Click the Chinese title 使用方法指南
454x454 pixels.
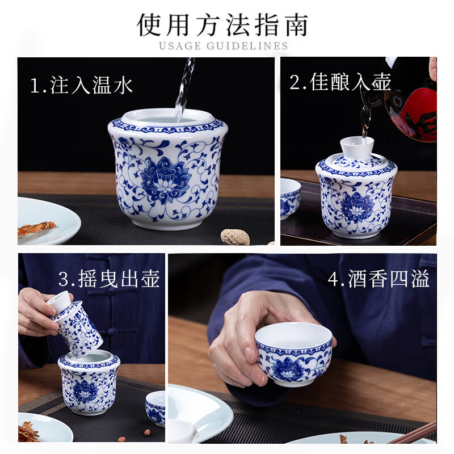[x=224, y=24]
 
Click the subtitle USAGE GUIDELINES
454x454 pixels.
[x=224, y=46]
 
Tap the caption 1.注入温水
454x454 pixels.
[x=81, y=85]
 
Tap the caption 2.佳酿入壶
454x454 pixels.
[x=340, y=82]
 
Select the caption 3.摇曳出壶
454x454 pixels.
[x=109, y=279]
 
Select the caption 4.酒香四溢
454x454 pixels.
[x=379, y=279]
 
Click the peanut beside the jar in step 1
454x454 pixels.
[x=235, y=236]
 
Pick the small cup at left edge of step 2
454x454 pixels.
[x=290, y=197]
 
